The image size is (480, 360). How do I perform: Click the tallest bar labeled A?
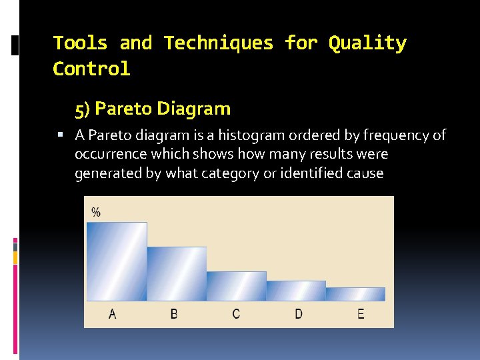coord(117,261)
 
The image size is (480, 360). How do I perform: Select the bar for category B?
coord(177,273)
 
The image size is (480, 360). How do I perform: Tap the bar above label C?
coord(236,286)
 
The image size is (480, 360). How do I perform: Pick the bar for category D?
coord(296,291)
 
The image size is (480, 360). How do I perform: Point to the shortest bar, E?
coord(355,294)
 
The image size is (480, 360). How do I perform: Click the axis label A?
coord(112,313)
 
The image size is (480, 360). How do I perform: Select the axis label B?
coord(174,313)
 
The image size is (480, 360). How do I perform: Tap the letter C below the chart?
coord(236,313)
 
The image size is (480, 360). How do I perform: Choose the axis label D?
coord(298,313)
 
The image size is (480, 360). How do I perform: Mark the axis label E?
coord(361,313)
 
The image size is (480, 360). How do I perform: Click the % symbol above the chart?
coord(96,212)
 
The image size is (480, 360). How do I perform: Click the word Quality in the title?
coord(367,43)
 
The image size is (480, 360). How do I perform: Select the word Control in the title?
coord(91,69)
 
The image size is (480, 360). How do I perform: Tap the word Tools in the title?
coord(80,43)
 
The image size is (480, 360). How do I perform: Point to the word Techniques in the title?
coord(219,43)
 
